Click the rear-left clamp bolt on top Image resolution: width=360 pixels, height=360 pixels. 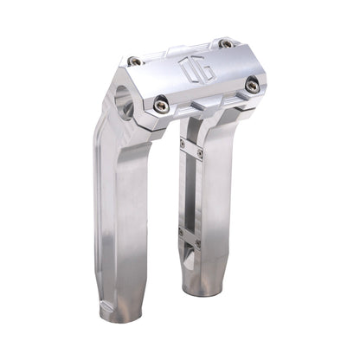pos(134,61)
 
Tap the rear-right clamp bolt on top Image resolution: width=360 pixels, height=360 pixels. pos(225,43)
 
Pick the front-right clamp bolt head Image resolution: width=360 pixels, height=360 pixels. pos(252,85)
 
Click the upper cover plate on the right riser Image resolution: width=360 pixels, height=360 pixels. pos(191,149)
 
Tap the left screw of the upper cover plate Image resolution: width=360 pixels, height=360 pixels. pos(183,144)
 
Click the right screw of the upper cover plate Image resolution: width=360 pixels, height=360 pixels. pos(201,155)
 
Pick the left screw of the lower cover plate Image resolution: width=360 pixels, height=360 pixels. pos(181,232)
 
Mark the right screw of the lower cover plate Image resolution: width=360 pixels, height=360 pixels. pos(198,243)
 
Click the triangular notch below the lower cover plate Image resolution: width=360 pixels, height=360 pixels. pos(190,258)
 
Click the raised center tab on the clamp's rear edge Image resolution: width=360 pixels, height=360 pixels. pos(177,49)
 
